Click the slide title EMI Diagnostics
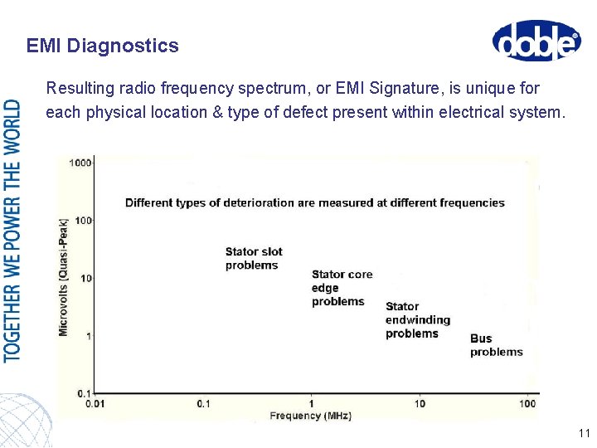102,46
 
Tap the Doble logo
536,41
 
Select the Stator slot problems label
254,259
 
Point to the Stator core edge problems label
342,288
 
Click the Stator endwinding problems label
417,320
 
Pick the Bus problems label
496,345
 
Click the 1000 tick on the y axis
80,163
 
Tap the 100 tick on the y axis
83,221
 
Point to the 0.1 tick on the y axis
84,392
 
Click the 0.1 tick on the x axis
204,404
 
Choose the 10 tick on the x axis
420,404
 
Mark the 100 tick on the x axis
527,404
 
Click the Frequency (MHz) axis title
311,415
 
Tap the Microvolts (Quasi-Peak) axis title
64,277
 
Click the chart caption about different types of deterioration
314,202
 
